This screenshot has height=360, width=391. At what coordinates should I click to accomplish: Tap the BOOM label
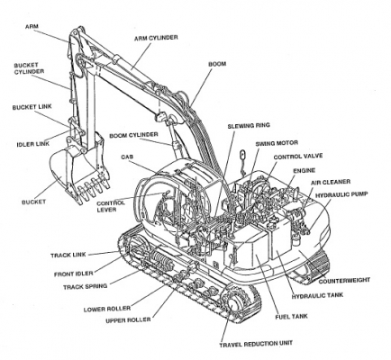(x=217, y=65)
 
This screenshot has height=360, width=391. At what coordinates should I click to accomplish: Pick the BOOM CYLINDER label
(x=134, y=136)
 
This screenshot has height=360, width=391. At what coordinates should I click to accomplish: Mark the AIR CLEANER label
(x=331, y=181)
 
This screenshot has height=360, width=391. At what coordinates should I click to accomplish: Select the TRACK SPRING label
(x=59, y=288)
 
